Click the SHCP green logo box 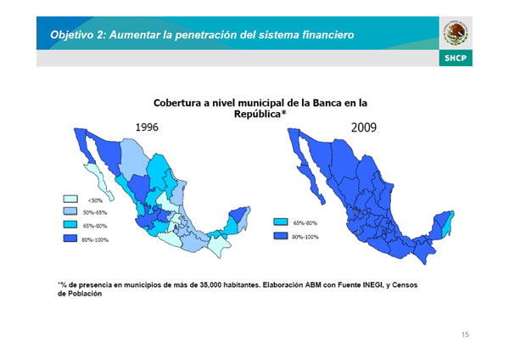[x=456, y=58]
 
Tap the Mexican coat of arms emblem [x=456, y=33]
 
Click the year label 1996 [x=147, y=127]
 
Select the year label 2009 [x=364, y=127]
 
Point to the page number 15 [x=465, y=335]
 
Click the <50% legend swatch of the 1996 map [x=70, y=199]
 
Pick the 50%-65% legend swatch [x=70, y=211]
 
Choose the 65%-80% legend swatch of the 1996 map [x=70, y=224]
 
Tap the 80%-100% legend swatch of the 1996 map [x=70, y=238]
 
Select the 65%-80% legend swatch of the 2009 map [x=281, y=222]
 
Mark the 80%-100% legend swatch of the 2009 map [x=281, y=235]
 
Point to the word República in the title [x=258, y=114]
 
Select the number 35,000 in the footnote [x=210, y=285]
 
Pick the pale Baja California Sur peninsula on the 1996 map [x=99, y=181]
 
